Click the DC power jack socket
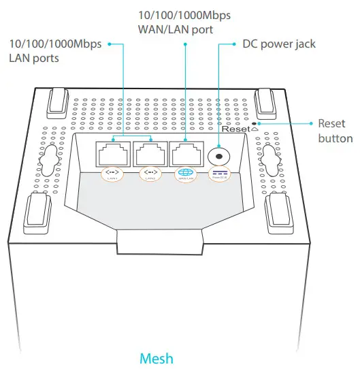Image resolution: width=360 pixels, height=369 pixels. (219, 155)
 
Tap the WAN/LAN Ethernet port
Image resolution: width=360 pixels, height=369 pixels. (184, 154)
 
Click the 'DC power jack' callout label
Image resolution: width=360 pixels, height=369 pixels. (279, 44)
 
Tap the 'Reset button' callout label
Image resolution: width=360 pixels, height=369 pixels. (335, 131)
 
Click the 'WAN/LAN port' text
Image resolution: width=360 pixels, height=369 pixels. (176, 30)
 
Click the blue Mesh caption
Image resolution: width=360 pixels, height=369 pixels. (156, 357)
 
